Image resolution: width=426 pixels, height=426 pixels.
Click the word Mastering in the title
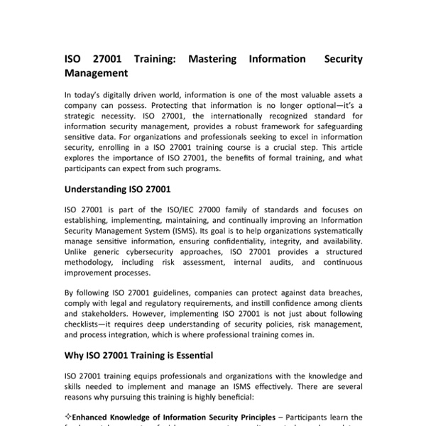click(x=217, y=58)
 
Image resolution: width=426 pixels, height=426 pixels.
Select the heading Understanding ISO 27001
click(x=118, y=190)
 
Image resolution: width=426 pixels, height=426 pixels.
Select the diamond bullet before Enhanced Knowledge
click(x=67, y=417)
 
